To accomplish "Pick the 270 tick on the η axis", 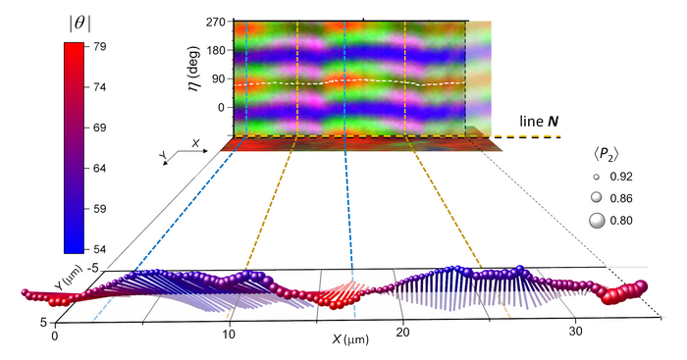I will pyautogui.click(x=216, y=21).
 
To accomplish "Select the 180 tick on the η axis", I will pyautogui.click(x=216, y=49).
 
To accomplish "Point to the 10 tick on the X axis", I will pyautogui.click(x=229, y=334).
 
